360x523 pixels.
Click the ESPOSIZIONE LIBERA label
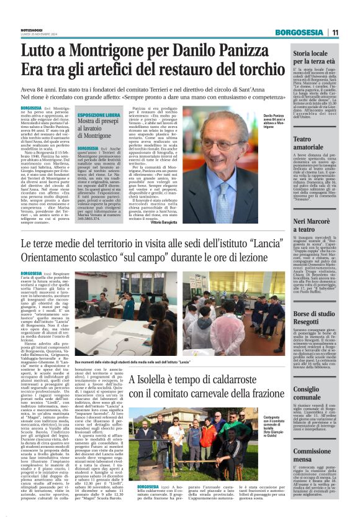tap(99, 116)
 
